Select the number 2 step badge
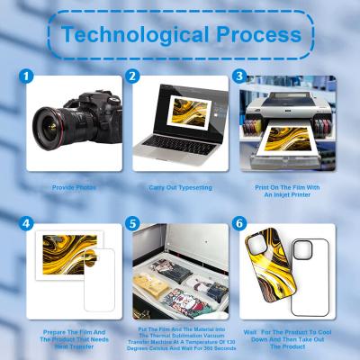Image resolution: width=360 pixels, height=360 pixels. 133,77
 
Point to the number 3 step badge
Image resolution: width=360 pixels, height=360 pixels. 239,77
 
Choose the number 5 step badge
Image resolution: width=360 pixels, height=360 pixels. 133,220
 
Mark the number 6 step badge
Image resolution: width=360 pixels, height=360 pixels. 239,220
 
